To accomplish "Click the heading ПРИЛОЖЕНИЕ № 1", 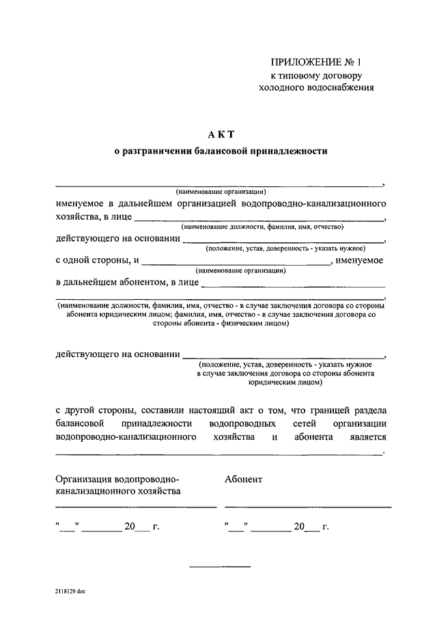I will [316, 62].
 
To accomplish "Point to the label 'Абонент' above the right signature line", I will [243, 479].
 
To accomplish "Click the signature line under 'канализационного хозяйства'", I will [136, 507].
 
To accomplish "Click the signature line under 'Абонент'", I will [308, 507].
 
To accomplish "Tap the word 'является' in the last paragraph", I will [369, 437].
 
